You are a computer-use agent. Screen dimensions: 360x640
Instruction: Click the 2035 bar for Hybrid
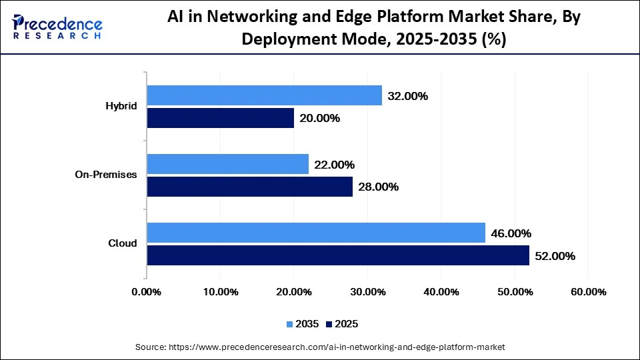click(x=264, y=95)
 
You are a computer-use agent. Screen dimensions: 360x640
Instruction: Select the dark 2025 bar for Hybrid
click(x=220, y=118)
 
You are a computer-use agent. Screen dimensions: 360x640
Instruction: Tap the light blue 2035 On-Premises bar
click(x=227, y=164)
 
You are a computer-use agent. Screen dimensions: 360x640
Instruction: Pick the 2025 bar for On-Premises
click(x=249, y=187)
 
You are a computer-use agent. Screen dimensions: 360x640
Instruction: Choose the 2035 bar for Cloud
click(x=315, y=233)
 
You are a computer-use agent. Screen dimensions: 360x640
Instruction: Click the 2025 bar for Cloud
click(x=337, y=255)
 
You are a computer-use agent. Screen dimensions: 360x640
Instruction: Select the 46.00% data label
click(x=511, y=233)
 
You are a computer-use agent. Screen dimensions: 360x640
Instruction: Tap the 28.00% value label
click(x=378, y=187)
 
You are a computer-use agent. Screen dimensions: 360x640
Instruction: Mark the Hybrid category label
click(x=121, y=107)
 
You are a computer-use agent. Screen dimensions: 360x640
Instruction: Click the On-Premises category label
click(x=107, y=175)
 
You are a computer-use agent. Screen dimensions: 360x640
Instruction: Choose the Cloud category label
click(x=123, y=243)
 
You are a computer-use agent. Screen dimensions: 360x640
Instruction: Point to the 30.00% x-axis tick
click(x=367, y=292)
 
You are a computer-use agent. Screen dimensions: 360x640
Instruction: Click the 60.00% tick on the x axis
click(x=588, y=292)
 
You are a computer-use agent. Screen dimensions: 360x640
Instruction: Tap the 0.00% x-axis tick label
click(x=147, y=292)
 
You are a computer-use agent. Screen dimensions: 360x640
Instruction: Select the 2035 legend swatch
click(x=290, y=324)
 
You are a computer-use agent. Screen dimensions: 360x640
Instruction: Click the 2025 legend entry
click(x=341, y=324)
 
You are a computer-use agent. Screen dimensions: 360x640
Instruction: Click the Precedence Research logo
click(x=57, y=27)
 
